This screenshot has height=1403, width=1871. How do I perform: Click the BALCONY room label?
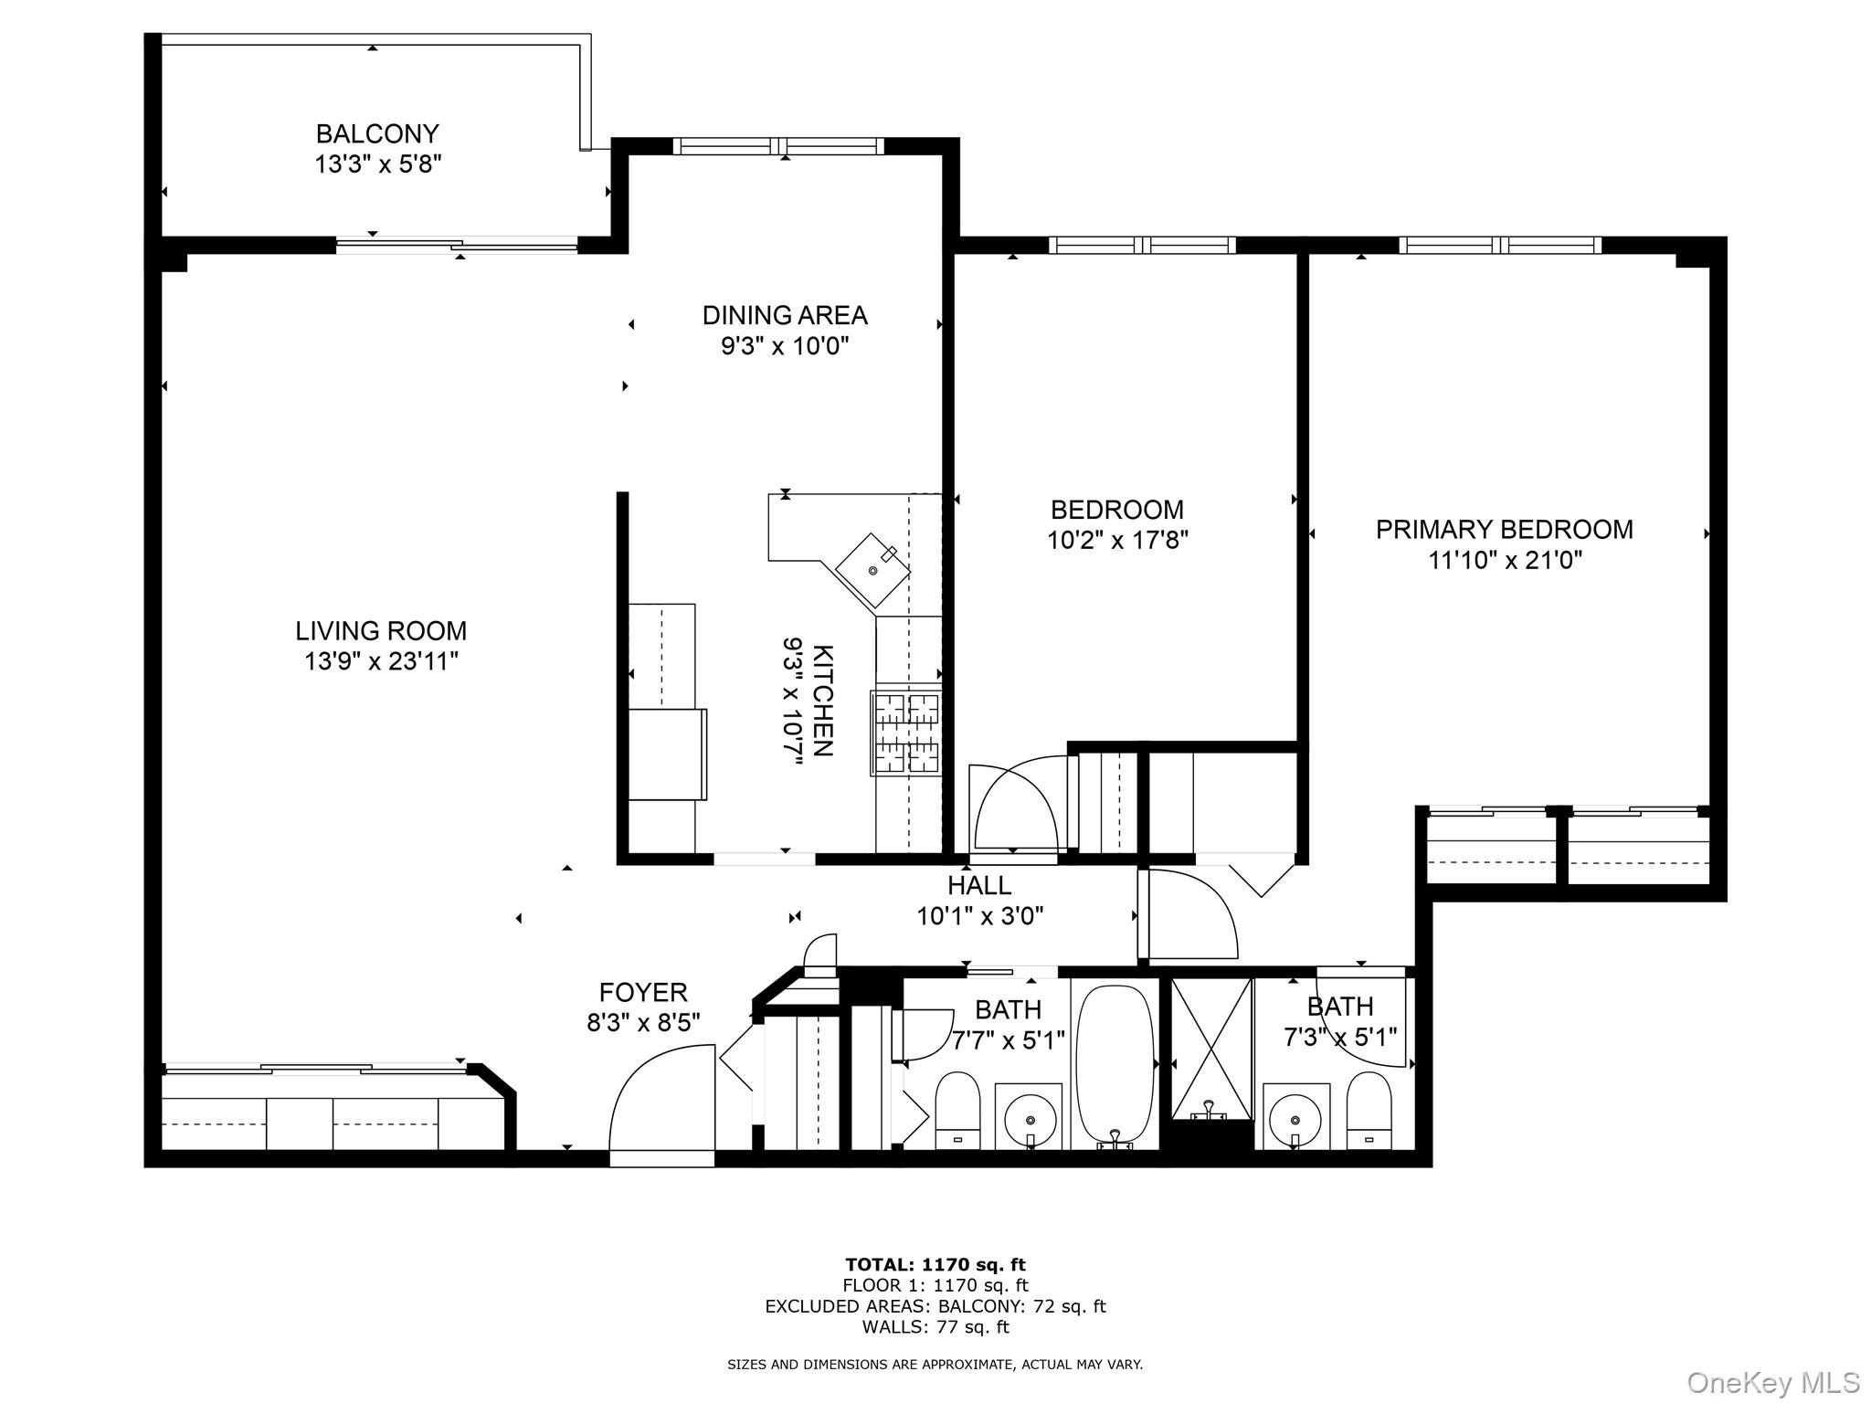point(377,134)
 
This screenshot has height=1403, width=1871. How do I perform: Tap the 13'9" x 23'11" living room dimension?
point(381,661)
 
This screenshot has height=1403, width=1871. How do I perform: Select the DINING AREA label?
point(785,315)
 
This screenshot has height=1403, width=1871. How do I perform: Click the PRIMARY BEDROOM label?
point(1504,530)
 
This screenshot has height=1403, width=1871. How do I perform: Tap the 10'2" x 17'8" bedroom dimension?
point(1116,540)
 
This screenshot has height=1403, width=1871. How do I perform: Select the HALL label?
point(979,885)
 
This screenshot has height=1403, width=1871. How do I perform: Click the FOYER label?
point(643,992)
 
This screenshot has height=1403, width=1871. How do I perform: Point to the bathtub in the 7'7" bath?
point(1114,1065)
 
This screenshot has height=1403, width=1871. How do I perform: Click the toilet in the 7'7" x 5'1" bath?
point(957,1109)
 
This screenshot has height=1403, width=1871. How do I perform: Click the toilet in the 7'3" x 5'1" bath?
point(1369,1109)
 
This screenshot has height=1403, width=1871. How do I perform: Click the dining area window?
point(779,146)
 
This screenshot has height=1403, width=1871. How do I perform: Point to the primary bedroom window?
point(1500,245)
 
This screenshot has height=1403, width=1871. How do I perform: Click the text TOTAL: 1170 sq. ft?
point(935,1265)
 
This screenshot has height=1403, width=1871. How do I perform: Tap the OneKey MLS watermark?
point(1772,1382)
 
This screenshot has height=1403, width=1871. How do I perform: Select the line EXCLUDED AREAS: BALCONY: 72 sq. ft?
point(935,1306)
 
